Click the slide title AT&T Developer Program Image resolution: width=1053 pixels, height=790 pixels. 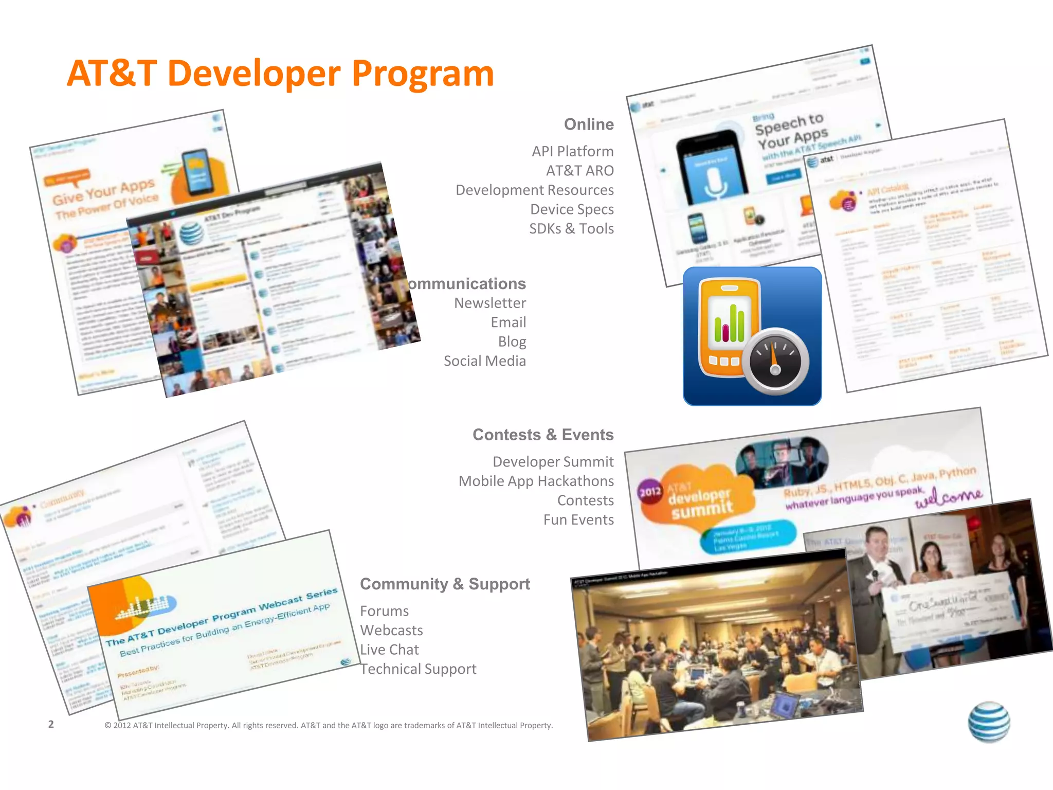point(280,74)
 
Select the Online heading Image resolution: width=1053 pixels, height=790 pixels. point(589,124)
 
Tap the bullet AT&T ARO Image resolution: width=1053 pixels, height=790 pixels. point(579,171)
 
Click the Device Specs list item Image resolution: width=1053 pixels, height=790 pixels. point(572,209)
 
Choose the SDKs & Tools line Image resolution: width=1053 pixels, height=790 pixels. point(571,228)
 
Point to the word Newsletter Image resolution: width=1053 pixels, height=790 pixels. point(489,303)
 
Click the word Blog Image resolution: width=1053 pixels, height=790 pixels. point(512,342)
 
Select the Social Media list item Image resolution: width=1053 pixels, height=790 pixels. point(484,361)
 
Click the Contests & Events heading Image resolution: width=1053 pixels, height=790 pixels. point(543,435)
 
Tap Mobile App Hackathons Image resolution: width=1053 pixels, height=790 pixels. point(536,481)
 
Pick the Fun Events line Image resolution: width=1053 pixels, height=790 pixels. point(578,519)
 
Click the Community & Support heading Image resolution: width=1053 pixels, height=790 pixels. point(445,584)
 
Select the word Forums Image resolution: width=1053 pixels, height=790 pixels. point(384,611)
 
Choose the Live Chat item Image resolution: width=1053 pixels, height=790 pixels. point(389,650)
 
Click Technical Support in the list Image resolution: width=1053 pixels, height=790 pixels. point(418,669)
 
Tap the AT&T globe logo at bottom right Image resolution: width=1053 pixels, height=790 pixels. point(988,722)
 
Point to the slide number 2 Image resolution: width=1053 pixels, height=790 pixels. point(51,724)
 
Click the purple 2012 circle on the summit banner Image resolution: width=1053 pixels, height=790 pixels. point(650,492)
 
